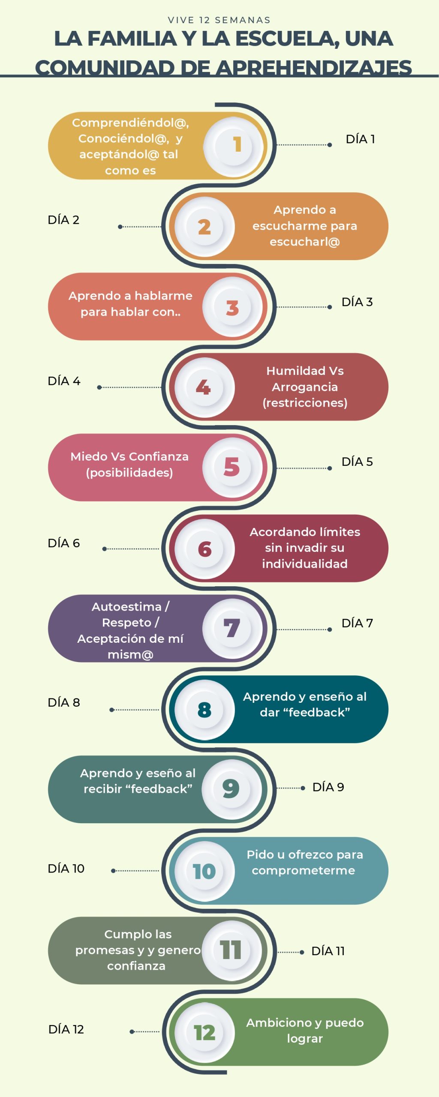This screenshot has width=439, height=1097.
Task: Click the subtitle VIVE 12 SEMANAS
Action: [219, 20]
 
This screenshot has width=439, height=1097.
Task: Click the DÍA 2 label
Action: [63, 220]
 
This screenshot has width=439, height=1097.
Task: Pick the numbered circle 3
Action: [233, 307]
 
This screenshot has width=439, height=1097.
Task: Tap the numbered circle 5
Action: [232, 467]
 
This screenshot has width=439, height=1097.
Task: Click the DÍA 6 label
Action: [63, 543]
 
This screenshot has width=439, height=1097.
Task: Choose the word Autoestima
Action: [126, 607]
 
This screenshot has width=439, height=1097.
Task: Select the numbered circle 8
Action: [204, 710]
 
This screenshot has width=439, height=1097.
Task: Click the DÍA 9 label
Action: [328, 787]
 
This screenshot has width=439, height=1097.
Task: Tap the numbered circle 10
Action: [204, 871]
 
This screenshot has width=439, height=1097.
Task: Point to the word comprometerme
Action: [304, 871]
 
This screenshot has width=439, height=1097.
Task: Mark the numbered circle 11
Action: [232, 950]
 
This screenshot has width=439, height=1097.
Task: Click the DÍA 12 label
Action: [66, 1029]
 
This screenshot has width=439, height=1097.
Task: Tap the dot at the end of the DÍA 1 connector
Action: [329, 145]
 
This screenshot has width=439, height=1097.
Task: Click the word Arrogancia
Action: [305, 387]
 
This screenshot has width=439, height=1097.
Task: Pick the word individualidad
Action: [305, 564]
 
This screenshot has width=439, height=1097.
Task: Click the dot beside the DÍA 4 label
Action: [99, 387]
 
